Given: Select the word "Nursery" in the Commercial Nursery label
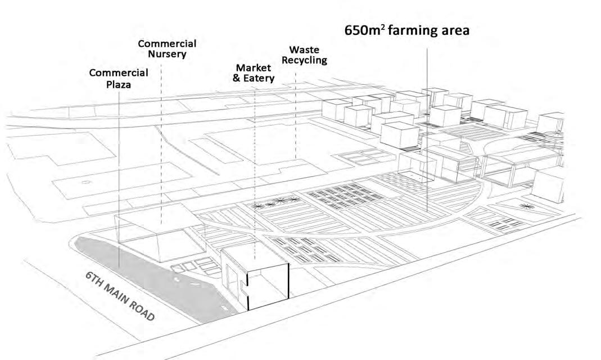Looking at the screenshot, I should click(167, 55).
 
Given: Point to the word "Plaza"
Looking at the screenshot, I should click(119, 84).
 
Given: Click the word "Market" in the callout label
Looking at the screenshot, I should click(254, 68).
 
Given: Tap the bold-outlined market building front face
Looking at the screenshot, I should click(268, 287).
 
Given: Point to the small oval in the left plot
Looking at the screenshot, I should click(85, 182).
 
